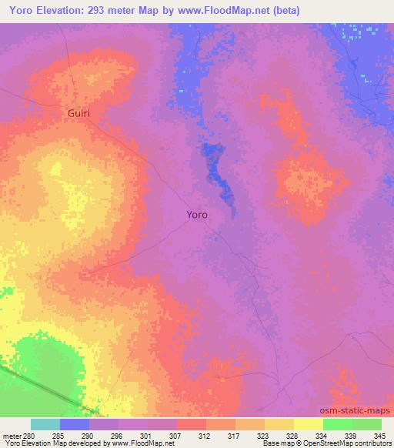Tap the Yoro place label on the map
coord(196,216)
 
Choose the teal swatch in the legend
coord(45,424)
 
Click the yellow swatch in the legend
coord(308,424)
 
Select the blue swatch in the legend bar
coord(75,424)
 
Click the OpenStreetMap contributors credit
coord(348,444)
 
